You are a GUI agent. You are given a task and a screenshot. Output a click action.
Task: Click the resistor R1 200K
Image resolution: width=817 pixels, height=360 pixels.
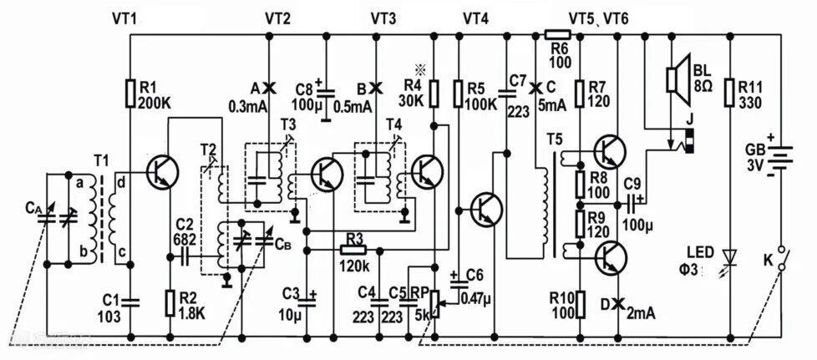(x=130, y=93)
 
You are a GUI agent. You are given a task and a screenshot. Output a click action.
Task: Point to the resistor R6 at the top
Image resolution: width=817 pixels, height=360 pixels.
(x=557, y=34)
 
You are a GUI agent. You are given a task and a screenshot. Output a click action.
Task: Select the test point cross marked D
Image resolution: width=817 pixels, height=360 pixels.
(x=619, y=304)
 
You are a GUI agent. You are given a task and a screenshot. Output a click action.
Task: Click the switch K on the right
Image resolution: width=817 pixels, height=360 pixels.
(x=781, y=259)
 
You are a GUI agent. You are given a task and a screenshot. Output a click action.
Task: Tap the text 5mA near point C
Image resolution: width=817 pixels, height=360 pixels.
(x=553, y=106)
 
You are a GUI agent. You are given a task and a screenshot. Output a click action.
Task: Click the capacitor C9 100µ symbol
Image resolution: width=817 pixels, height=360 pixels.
(x=632, y=202)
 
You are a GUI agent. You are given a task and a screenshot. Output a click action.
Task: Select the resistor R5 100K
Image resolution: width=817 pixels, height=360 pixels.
(x=459, y=93)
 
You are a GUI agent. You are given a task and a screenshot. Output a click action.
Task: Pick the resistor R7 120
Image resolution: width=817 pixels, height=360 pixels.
(x=579, y=93)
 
